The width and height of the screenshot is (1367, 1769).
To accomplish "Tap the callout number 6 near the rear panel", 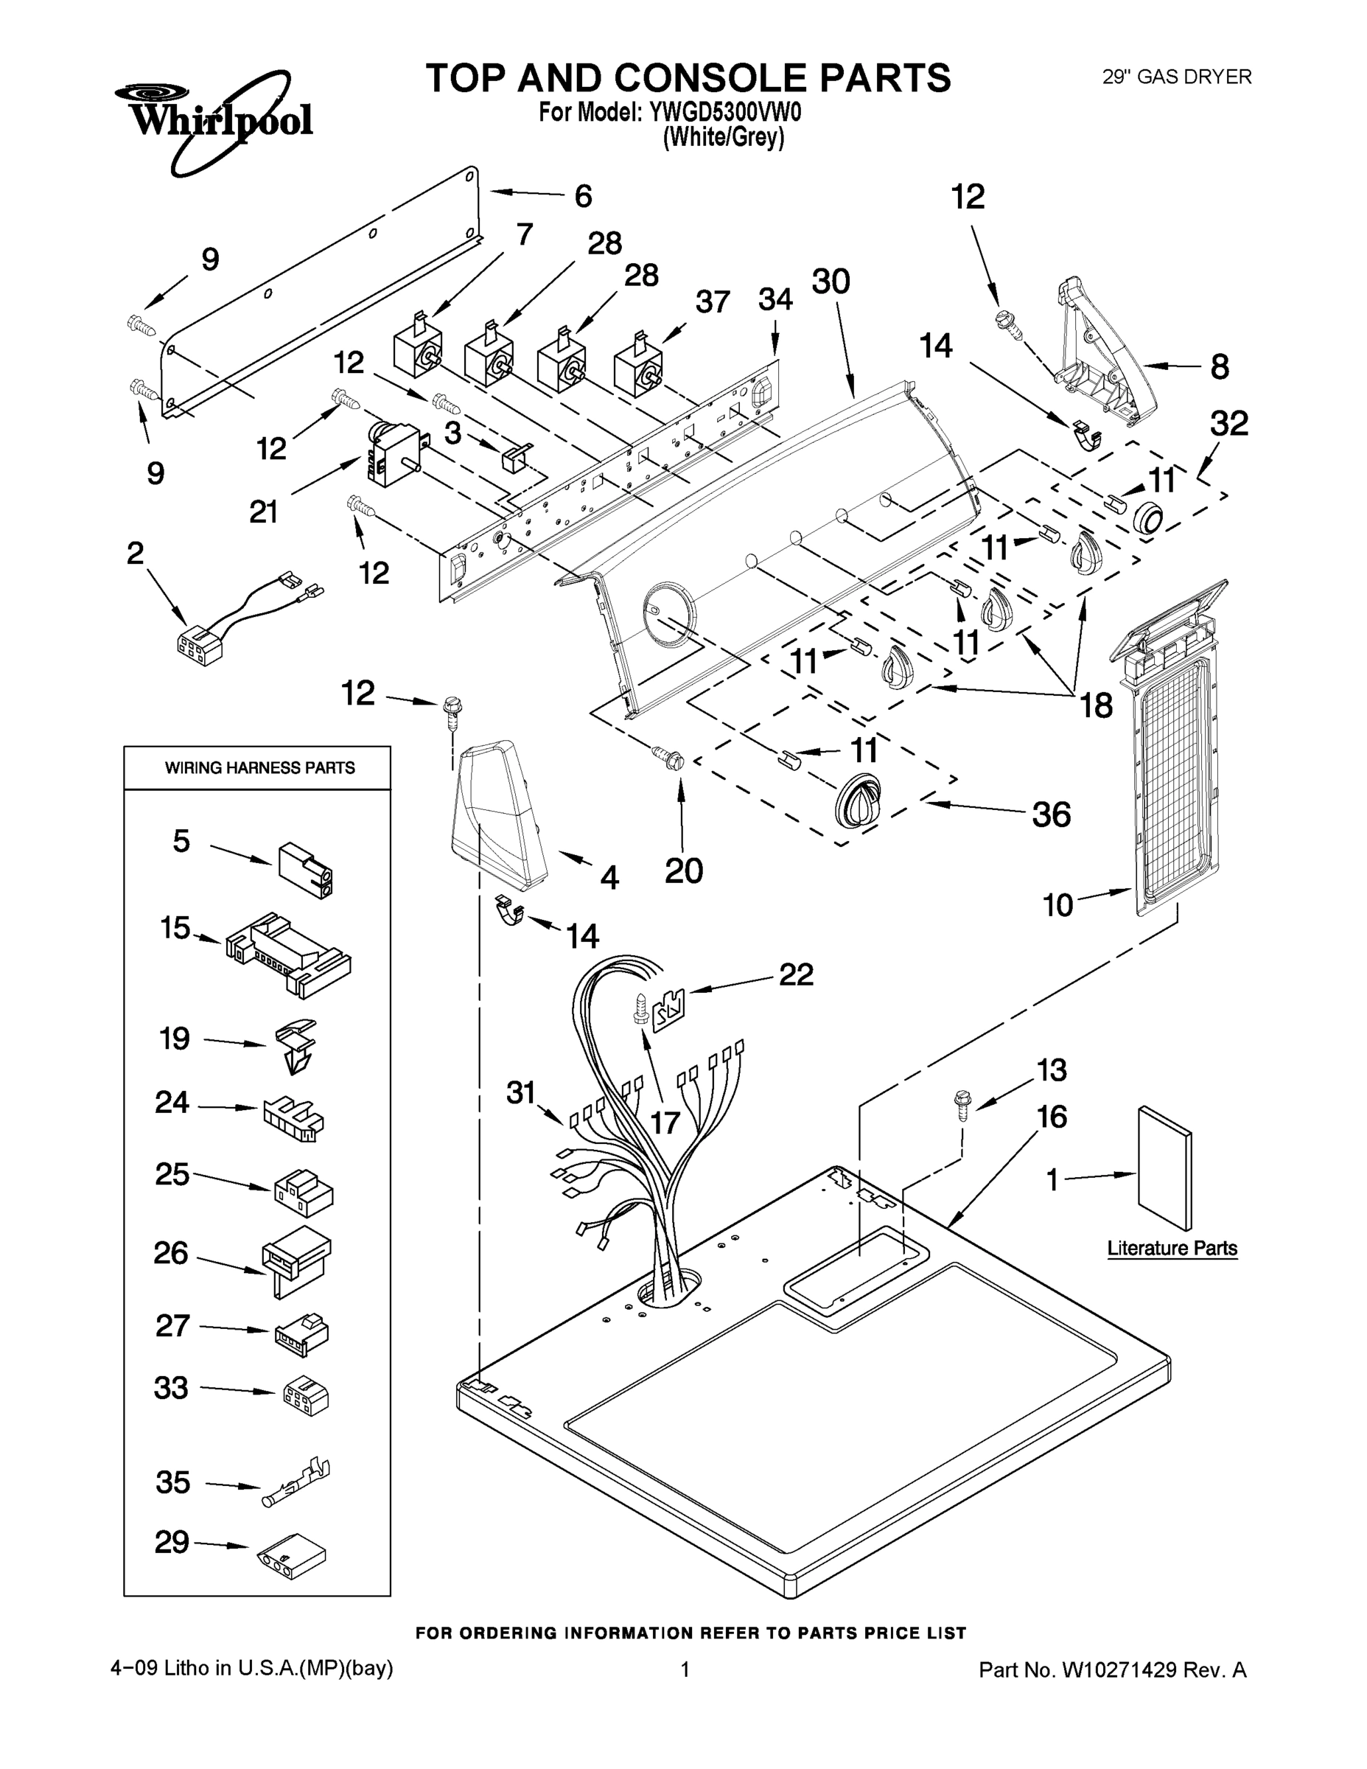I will (x=583, y=196).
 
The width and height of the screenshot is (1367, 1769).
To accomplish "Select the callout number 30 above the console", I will (x=831, y=281).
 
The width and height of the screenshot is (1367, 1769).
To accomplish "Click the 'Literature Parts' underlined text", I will (x=1172, y=1248).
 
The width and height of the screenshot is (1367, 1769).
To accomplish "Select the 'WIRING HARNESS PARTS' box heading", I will (x=259, y=768).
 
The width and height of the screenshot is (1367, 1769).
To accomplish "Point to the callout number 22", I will (x=795, y=974).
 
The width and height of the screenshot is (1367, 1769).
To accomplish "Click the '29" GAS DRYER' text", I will (x=1177, y=77).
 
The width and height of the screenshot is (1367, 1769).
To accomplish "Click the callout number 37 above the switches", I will (x=713, y=302).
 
